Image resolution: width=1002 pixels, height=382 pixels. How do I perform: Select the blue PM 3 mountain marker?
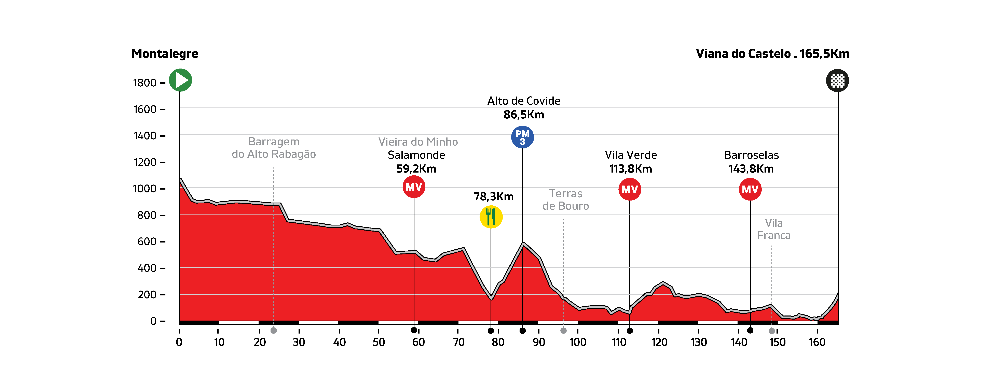coord(522,137)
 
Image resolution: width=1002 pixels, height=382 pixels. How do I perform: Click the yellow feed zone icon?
coord(491,217)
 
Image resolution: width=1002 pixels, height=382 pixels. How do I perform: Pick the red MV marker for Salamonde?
coord(414,187)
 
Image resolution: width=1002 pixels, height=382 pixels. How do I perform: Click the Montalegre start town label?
coord(165,54)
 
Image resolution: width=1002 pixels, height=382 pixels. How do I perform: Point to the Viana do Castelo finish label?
coord(772,54)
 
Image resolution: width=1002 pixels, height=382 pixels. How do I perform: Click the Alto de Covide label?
coord(524,101)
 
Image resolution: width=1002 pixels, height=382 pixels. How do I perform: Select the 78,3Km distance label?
coord(494,197)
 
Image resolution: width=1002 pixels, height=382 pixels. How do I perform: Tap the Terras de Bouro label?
coord(566,200)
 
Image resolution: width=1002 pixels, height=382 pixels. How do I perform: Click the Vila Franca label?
coord(774,229)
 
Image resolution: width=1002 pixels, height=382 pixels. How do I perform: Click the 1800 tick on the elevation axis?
coord(145,83)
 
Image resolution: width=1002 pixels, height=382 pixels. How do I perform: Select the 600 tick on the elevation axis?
coord(147,242)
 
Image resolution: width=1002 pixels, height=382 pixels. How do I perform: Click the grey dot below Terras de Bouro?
coord(563,331)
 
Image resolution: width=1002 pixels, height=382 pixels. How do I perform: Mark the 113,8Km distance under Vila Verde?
coord(631,169)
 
